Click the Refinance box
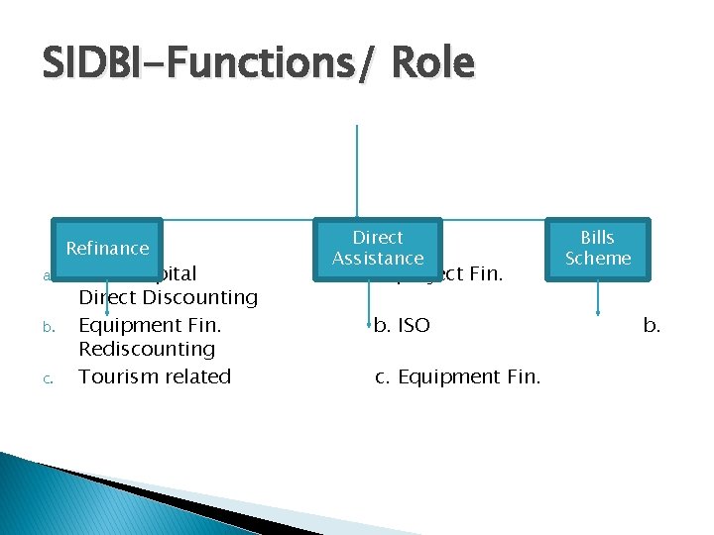[107, 248]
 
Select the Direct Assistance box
[378, 248]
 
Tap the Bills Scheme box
[597, 248]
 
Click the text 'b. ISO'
[402, 324]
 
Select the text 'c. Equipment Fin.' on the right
[457, 376]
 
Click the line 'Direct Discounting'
[168, 297]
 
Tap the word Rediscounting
[147, 349]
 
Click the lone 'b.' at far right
[652, 324]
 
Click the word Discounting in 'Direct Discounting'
[202, 297]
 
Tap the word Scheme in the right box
[597, 259]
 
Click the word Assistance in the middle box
[378, 259]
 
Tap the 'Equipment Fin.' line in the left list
[150, 324]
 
